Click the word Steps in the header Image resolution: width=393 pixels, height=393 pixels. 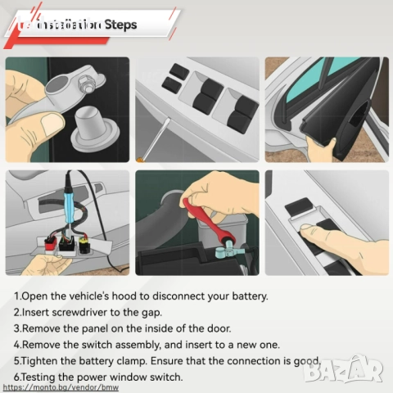click(x=120, y=25)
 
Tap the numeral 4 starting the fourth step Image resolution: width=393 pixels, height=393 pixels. click(x=17, y=345)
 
